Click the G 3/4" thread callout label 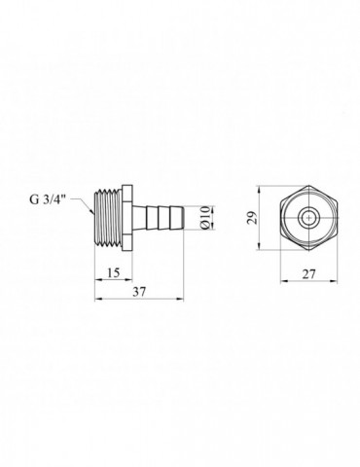(x=48, y=199)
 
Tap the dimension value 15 (x=113, y=272)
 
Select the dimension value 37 (x=139, y=292)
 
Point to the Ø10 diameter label (x=205, y=218)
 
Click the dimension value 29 (x=252, y=218)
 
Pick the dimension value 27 (x=308, y=274)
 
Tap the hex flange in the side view (x=127, y=218)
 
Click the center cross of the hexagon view (x=308, y=218)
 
